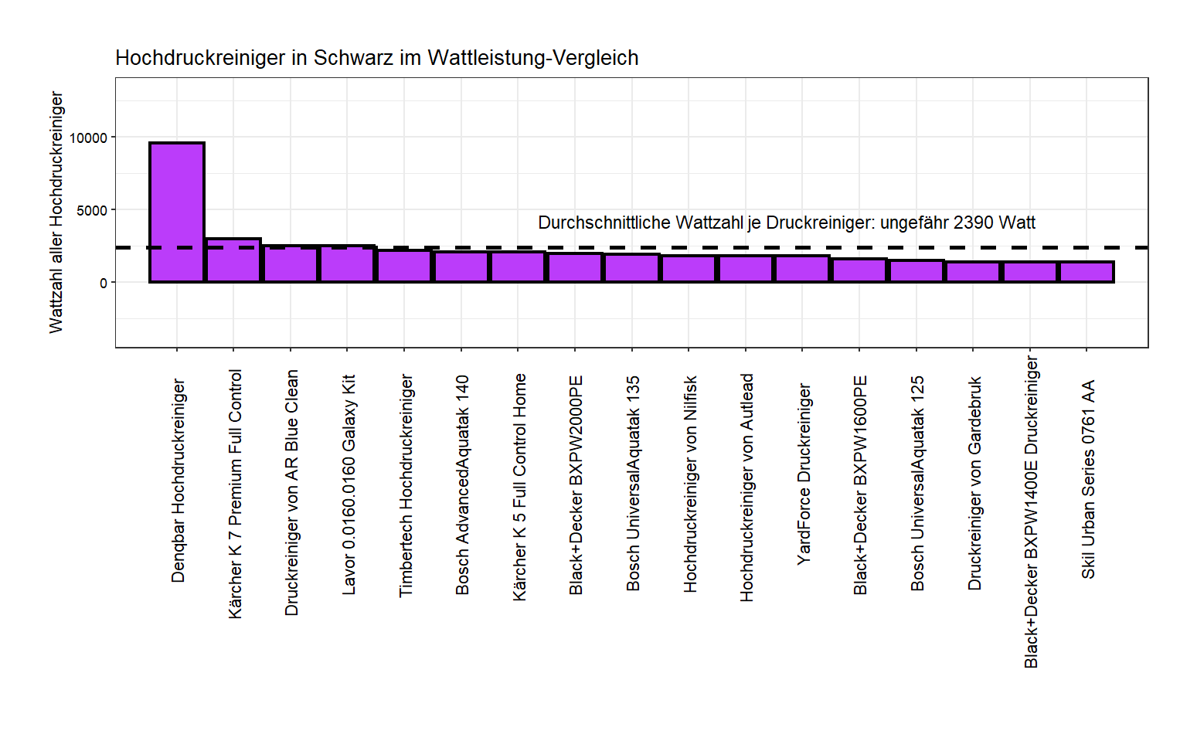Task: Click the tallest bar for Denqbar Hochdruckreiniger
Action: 177,212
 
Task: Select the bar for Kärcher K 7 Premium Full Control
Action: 233,261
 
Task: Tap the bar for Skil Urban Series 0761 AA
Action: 1086,272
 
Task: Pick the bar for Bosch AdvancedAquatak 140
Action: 461,267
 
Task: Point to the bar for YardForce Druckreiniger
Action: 802,269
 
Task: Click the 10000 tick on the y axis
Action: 88,138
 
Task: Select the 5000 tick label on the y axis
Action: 92,211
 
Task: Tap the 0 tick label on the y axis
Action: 104,284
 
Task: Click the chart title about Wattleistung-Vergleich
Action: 376,58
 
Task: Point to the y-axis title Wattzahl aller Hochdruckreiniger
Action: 56,212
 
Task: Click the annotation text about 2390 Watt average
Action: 786,223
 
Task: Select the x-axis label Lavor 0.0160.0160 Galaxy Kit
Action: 349,484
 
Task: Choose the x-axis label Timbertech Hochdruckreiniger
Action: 406,485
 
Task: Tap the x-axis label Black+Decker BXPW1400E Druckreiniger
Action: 1031,511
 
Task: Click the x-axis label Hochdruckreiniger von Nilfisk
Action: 690,484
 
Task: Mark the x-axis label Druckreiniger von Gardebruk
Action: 974,483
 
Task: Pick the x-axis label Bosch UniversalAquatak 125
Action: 917,483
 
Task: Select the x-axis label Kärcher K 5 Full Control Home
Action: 519,487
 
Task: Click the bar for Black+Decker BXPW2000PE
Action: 576,268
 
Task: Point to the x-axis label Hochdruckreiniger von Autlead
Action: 746,488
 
